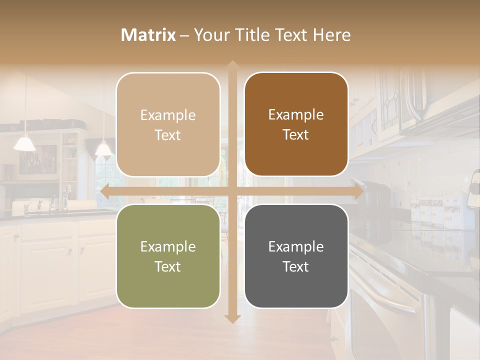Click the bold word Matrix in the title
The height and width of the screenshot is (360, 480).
point(148,35)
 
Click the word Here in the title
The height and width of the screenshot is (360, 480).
point(331,35)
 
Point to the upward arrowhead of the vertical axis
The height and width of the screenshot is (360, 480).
point(232,65)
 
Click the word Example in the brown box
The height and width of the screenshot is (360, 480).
point(296,115)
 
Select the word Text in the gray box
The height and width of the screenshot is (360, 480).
point(296,266)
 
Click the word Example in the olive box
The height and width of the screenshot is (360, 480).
point(168,246)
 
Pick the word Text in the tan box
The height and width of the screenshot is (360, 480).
point(168,135)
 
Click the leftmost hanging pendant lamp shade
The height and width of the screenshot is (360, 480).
point(24,144)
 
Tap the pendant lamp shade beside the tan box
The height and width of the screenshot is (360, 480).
point(103,149)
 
